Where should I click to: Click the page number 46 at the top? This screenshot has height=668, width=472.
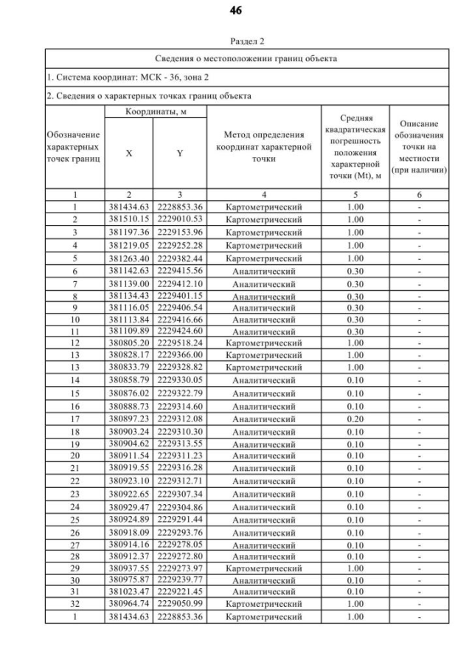coord(236,10)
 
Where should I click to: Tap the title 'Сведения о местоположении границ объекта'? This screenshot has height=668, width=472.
coord(246,58)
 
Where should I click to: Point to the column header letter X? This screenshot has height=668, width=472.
coord(129,154)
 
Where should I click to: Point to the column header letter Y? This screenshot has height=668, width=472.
coord(179,154)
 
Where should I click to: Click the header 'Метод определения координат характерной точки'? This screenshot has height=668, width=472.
coord(263,147)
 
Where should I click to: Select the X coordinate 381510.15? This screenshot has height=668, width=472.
coord(129,219)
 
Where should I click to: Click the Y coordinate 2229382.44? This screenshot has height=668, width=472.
coord(179,258)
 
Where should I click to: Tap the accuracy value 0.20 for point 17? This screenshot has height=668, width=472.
coord(355,419)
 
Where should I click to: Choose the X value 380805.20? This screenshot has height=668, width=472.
coord(129,342)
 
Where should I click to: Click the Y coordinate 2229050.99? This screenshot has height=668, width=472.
coord(179,603)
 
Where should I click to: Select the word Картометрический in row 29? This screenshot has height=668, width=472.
coord(263,569)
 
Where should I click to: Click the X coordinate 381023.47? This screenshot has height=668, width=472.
coord(129,591)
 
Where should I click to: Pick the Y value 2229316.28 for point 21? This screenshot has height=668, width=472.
coord(179,468)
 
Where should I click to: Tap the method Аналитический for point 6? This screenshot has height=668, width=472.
coord(263,272)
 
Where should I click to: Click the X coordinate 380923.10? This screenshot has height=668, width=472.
coord(129,481)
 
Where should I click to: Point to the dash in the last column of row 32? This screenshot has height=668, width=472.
coord(419,603)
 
